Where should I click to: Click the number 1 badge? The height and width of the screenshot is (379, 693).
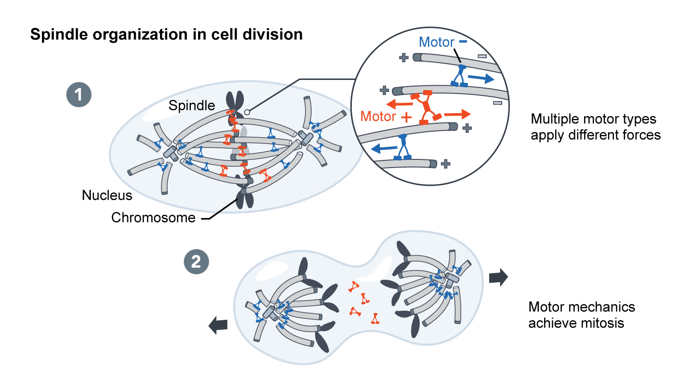click(x=79, y=95)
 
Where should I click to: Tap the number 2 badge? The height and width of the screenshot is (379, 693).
click(x=196, y=262)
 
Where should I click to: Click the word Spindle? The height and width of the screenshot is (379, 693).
click(x=191, y=106)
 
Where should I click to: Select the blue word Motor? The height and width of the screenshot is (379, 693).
click(x=437, y=42)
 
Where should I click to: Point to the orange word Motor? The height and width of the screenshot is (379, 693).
click(x=378, y=117)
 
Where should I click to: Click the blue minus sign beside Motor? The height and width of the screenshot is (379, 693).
click(x=463, y=42)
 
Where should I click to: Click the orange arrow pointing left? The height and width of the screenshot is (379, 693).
click(x=399, y=103)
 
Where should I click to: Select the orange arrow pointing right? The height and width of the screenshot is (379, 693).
click(x=457, y=114)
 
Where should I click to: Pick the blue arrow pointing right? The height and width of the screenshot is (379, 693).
click(x=482, y=78)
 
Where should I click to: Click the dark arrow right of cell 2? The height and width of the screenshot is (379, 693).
click(x=498, y=277)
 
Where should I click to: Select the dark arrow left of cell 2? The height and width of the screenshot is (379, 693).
click(x=218, y=326)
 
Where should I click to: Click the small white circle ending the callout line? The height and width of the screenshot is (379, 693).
click(x=246, y=112)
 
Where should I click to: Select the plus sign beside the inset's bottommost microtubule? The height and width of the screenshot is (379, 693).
click(x=446, y=164)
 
